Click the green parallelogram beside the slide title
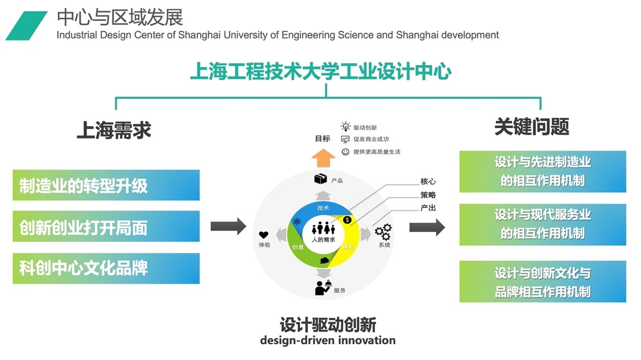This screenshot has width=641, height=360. pos(26,26)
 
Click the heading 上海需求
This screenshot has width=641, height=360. pos(114,129)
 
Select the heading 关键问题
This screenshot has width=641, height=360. pos(532,126)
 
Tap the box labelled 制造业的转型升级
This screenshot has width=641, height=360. pos(106,185)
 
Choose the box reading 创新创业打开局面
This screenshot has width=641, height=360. pos(106,227)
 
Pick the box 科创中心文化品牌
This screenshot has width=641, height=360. pos(106,268)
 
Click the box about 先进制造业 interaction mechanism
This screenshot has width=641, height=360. pos(542,171)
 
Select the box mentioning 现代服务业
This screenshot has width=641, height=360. pos(542,224)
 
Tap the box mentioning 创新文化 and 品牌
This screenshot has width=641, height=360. pos(542,282)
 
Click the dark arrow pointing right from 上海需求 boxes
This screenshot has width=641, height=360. pos(228,226)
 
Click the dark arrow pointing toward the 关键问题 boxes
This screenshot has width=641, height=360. pos(427,227)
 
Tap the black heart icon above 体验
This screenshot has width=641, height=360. pos(264,235)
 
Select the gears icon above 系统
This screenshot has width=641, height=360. pos(383,232)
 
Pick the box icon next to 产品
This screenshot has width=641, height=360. pos(320,179)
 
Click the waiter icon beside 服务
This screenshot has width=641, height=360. pos(323,287)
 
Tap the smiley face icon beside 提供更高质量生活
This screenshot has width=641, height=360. pos(346,152)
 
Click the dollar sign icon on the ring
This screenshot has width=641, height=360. pos(347,219)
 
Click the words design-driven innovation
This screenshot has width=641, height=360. pos(328,340)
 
